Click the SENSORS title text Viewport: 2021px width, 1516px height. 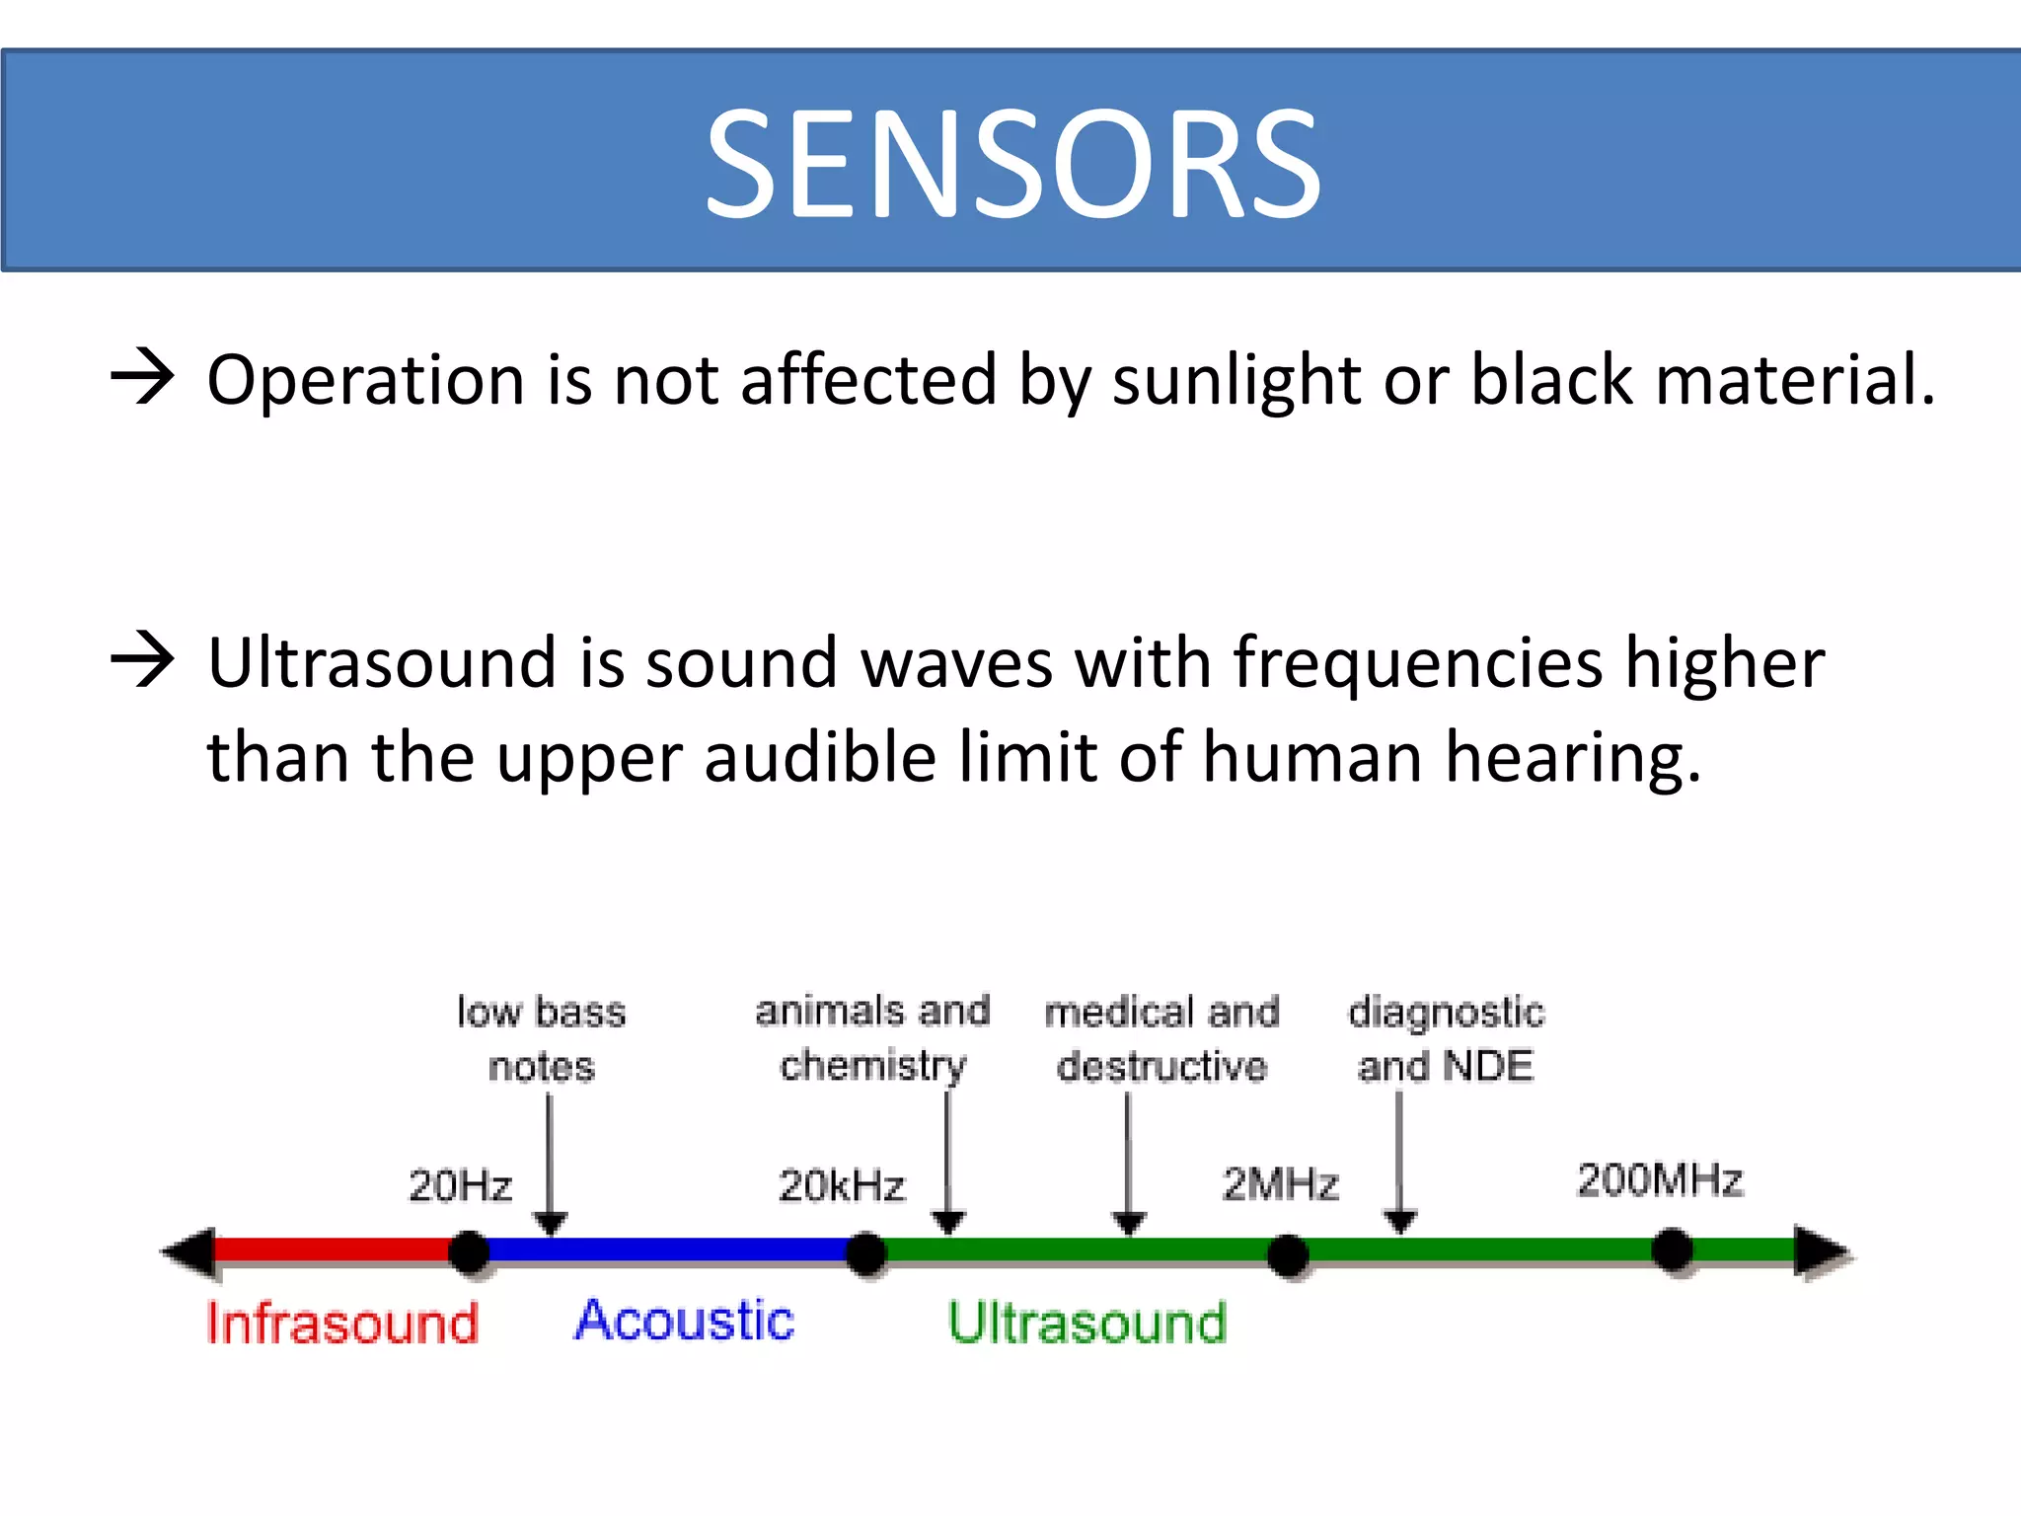click(1012, 163)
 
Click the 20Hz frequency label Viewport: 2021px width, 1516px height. click(461, 1185)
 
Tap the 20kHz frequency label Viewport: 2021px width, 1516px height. click(841, 1185)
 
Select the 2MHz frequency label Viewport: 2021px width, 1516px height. click(1280, 1183)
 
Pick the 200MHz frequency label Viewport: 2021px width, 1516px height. click(1660, 1180)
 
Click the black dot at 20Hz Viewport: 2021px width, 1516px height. click(470, 1251)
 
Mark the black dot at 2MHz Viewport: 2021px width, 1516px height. click(1288, 1254)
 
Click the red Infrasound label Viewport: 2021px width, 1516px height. click(342, 1323)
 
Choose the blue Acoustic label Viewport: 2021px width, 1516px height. click(684, 1321)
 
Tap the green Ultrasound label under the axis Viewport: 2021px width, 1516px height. click(1087, 1323)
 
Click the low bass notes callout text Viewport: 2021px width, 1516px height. click(542, 1038)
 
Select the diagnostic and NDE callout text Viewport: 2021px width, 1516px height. click(1446, 1038)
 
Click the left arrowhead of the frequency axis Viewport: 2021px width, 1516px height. click(189, 1252)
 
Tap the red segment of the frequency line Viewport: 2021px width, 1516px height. click(336, 1250)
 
